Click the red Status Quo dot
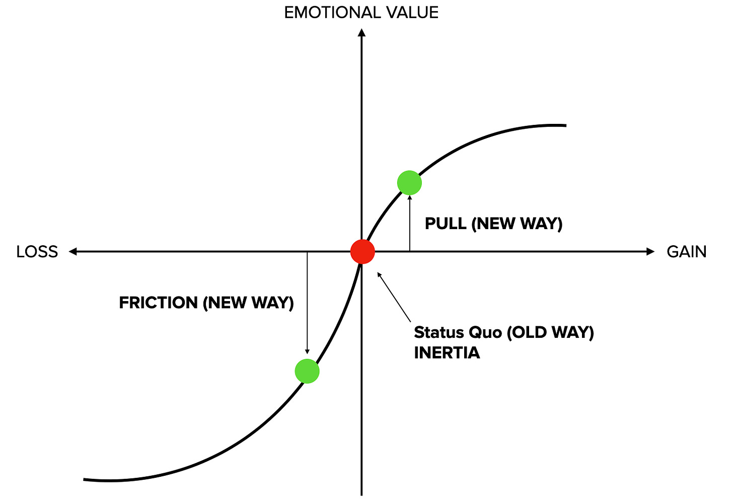coord(362,251)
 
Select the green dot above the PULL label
coord(409,183)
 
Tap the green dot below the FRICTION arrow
coord(307,371)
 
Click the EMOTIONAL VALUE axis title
coord(361,13)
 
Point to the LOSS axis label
coord(37,252)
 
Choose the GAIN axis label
coord(686,252)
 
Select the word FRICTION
coord(158,303)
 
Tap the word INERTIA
coord(447,353)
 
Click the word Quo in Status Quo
coord(485,332)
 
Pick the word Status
coord(438,332)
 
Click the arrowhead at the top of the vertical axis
coord(361,33)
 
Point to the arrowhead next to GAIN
coord(650,251)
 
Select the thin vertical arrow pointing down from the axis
coord(307,302)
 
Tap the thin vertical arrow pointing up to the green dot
coord(410,224)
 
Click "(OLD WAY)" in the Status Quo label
coord(550,332)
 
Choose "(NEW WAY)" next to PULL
coord(517,224)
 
